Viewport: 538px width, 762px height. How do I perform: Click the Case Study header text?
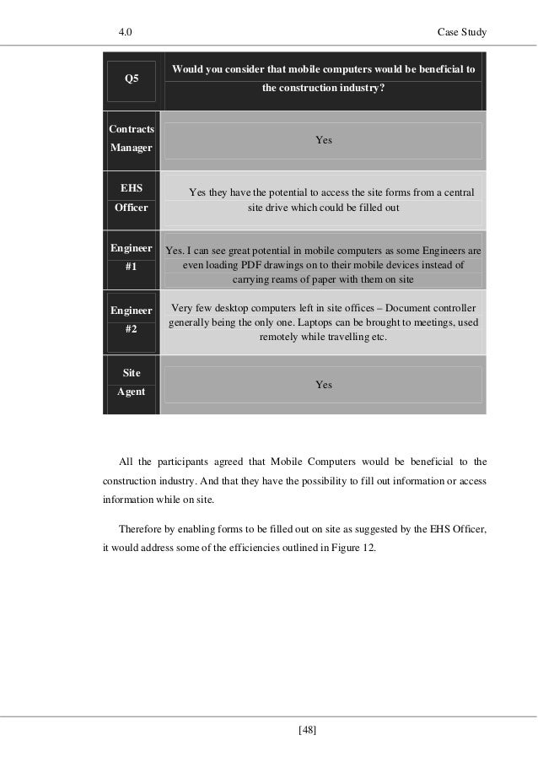coord(463,32)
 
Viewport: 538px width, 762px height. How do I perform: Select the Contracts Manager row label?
coord(132,138)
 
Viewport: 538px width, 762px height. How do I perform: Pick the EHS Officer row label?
coord(132,199)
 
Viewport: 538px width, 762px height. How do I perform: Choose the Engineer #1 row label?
coord(132,257)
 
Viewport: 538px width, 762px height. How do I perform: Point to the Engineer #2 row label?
coord(132,320)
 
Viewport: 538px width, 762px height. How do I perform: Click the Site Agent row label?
coord(132,381)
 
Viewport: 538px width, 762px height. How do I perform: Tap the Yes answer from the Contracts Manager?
coord(324,140)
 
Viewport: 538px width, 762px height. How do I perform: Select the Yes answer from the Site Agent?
coord(324,385)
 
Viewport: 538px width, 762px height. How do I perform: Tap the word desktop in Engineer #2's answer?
coord(232,308)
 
